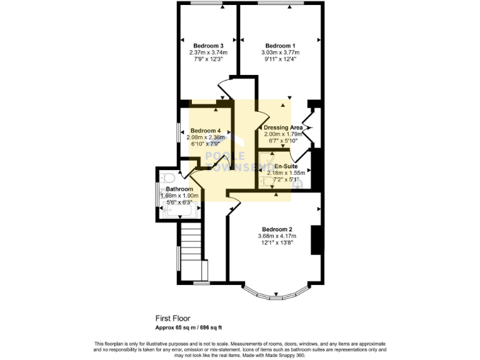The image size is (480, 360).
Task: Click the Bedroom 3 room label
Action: click(208, 46)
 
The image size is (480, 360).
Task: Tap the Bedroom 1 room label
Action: click(280, 46)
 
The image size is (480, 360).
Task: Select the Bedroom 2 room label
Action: click(277, 229)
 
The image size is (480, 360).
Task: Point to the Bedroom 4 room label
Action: click(206, 130)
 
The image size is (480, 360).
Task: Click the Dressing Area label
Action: click(283, 127)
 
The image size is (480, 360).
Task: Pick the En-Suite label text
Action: click(286, 166)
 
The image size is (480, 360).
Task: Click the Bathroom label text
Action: click(179, 189)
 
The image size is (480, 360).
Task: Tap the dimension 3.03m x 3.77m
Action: click(280, 52)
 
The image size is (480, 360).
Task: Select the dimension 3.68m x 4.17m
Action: click(277, 236)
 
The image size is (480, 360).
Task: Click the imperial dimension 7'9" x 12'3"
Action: click(208, 59)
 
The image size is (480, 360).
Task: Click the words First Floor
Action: click(172, 318)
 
